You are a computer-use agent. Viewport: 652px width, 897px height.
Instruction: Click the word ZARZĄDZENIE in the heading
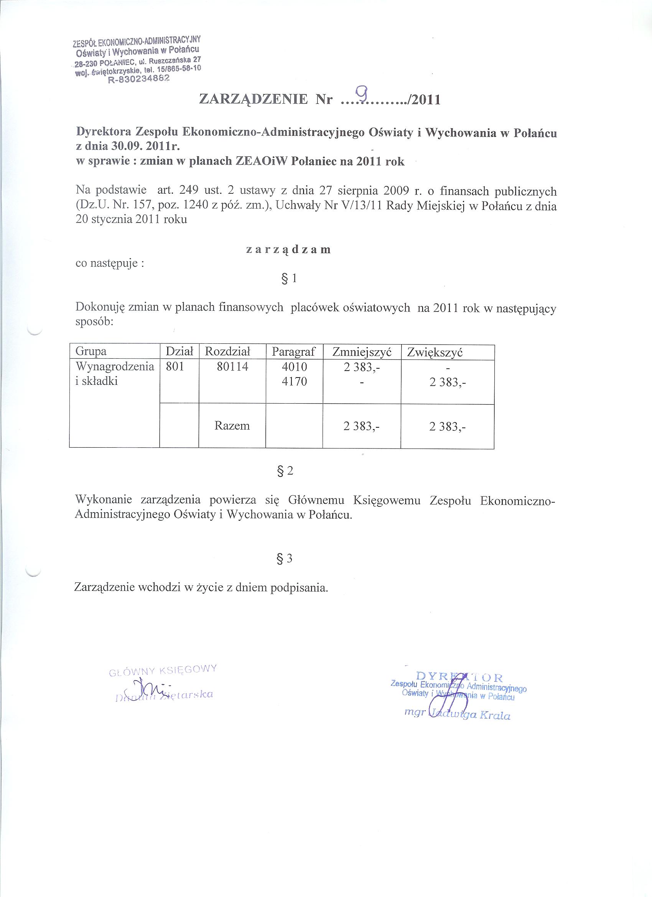pos(254,99)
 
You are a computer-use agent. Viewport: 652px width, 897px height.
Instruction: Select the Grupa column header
pos(91,351)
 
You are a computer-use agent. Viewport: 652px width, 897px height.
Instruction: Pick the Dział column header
pos(179,351)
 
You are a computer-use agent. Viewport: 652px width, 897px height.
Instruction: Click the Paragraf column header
pos(294,351)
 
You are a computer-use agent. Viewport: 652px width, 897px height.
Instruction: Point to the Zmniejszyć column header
pos(362,352)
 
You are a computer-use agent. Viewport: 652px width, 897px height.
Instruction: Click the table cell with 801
pos(175,367)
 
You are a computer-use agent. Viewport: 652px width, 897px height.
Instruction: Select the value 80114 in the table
pos(232,367)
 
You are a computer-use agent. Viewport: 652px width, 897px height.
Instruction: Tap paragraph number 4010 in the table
pos(294,367)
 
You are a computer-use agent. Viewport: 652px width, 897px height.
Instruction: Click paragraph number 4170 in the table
pos(294,382)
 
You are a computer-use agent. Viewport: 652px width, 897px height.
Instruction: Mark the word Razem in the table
pos(232,425)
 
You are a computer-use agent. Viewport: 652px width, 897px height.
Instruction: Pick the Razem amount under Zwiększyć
pos(448,426)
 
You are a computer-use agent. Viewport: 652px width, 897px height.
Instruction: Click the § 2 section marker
pos(286,471)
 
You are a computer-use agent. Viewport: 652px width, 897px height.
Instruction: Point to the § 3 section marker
pos(285,559)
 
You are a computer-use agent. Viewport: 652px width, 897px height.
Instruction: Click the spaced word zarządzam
pos(288,249)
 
